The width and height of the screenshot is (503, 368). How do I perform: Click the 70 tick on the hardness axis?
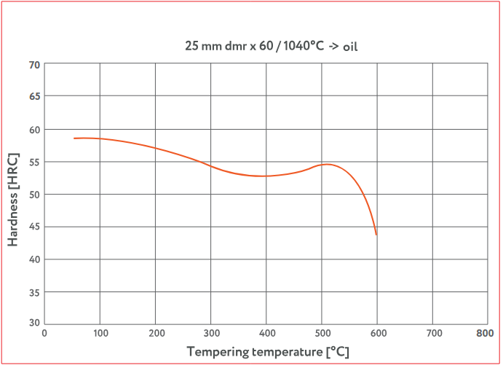tap(34, 65)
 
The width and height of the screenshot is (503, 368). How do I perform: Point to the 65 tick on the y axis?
tap(34, 96)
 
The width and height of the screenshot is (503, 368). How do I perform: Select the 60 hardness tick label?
tap(34, 130)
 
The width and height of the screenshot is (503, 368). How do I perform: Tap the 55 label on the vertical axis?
tap(34, 162)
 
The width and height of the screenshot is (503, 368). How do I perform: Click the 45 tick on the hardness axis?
tap(34, 227)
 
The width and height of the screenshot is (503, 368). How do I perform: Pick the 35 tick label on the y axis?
tap(34, 292)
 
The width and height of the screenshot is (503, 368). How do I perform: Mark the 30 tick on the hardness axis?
tap(34, 323)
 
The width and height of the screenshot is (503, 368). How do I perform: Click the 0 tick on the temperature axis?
tap(44, 333)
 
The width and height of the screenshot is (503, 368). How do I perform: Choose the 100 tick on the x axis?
tap(100, 333)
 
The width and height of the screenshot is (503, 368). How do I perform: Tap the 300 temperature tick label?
tap(210, 333)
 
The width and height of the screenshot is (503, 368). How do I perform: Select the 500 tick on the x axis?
tap(322, 333)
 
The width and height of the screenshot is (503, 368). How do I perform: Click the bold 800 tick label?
tap(486, 333)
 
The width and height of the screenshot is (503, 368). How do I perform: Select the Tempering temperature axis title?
tap(267, 352)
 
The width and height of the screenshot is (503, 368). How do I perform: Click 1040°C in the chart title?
tap(301, 46)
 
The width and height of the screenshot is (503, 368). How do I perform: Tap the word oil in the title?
tap(350, 46)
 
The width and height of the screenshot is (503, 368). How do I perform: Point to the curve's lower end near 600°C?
tap(376, 234)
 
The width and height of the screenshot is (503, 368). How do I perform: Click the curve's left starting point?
tap(74, 138)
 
